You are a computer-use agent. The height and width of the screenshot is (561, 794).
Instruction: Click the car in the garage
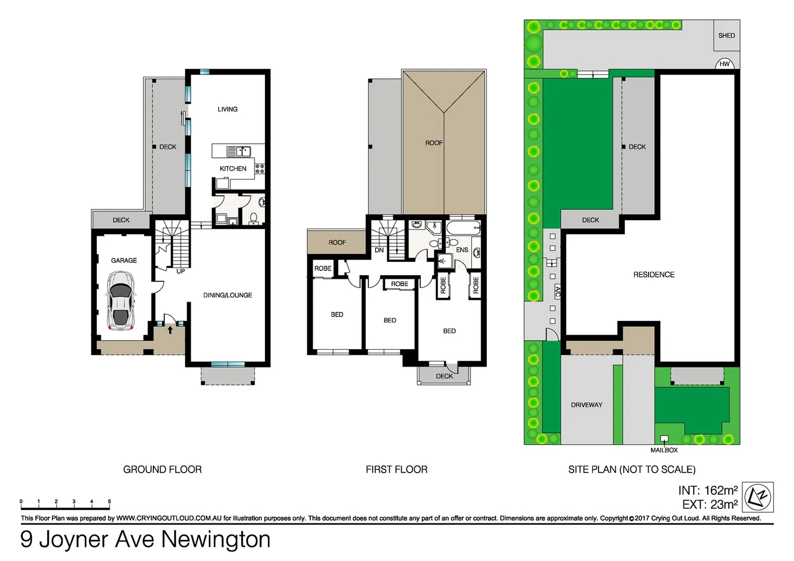[121, 301]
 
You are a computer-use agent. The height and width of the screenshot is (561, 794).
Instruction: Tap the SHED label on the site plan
[726, 35]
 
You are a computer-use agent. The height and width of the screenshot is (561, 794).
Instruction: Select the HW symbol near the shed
[724, 64]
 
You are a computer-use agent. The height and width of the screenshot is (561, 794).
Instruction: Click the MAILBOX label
[664, 450]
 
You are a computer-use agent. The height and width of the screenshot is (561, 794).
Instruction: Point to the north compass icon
[758, 497]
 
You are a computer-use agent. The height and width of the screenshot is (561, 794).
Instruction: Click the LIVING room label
[228, 109]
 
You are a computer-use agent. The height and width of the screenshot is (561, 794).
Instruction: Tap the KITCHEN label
[233, 168]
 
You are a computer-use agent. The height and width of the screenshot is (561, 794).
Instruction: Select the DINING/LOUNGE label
[228, 295]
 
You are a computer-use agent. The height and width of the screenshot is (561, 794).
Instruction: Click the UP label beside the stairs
[180, 271]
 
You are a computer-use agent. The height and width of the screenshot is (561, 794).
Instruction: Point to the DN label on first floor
[379, 250]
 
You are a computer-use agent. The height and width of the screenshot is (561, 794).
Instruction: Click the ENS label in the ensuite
[462, 250]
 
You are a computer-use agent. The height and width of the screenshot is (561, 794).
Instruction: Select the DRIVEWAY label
[587, 405]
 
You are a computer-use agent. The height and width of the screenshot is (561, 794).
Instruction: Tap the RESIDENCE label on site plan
[654, 274]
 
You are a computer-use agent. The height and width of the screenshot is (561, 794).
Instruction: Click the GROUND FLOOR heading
[162, 470]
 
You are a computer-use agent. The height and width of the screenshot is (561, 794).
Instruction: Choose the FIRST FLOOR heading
[396, 470]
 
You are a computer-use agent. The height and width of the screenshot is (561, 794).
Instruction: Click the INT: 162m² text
[708, 490]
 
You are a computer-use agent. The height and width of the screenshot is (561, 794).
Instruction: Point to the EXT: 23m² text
[710, 504]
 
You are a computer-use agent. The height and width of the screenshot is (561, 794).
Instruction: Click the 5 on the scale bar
[109, 502]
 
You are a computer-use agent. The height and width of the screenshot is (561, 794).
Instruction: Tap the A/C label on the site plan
[558, 291]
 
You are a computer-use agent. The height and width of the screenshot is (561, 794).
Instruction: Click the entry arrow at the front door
[170, 329]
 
